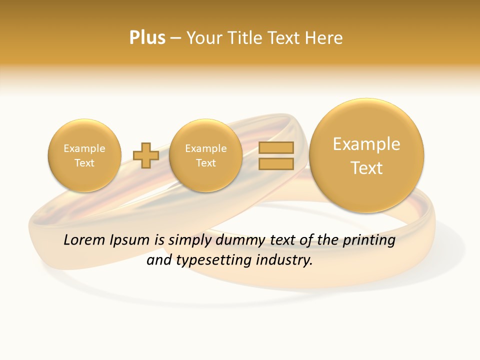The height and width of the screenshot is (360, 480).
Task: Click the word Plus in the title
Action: click(x=147, y=38)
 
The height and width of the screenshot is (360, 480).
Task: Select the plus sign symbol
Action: click(x=146, y=155)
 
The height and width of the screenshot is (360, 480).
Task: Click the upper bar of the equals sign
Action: click(x=276, y=147)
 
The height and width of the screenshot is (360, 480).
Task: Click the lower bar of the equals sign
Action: click(x=276, y=164)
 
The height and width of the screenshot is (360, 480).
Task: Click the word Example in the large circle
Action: click(x=366, y=144)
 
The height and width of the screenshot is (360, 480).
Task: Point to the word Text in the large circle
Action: click(x=366, y=168)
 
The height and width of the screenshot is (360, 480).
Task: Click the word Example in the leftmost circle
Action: click(x=84, y=148)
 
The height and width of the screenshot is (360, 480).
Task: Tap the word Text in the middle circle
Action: click(x=205, y=163)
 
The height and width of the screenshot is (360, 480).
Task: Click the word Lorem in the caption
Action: click(x=83, y=240)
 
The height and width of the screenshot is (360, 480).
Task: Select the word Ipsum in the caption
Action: click(x=130, y=240)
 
